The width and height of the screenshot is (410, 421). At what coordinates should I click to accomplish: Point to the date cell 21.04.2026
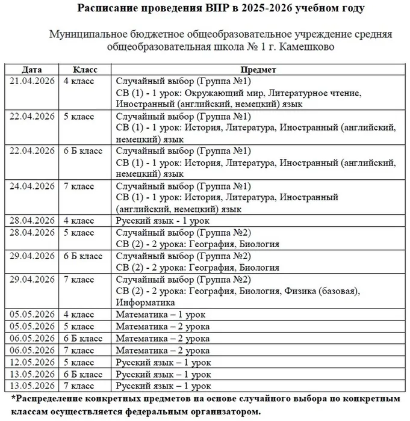click(x=31, y=81)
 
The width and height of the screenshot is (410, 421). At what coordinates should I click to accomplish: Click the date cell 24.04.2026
click(x=31, y=186)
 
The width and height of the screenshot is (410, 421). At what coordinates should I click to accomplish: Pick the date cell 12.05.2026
click(x=31, y=363)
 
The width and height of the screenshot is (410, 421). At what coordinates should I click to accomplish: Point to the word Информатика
click(x=144, y=303)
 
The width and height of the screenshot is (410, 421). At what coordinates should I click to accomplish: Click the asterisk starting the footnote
click(x=13, y=399)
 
